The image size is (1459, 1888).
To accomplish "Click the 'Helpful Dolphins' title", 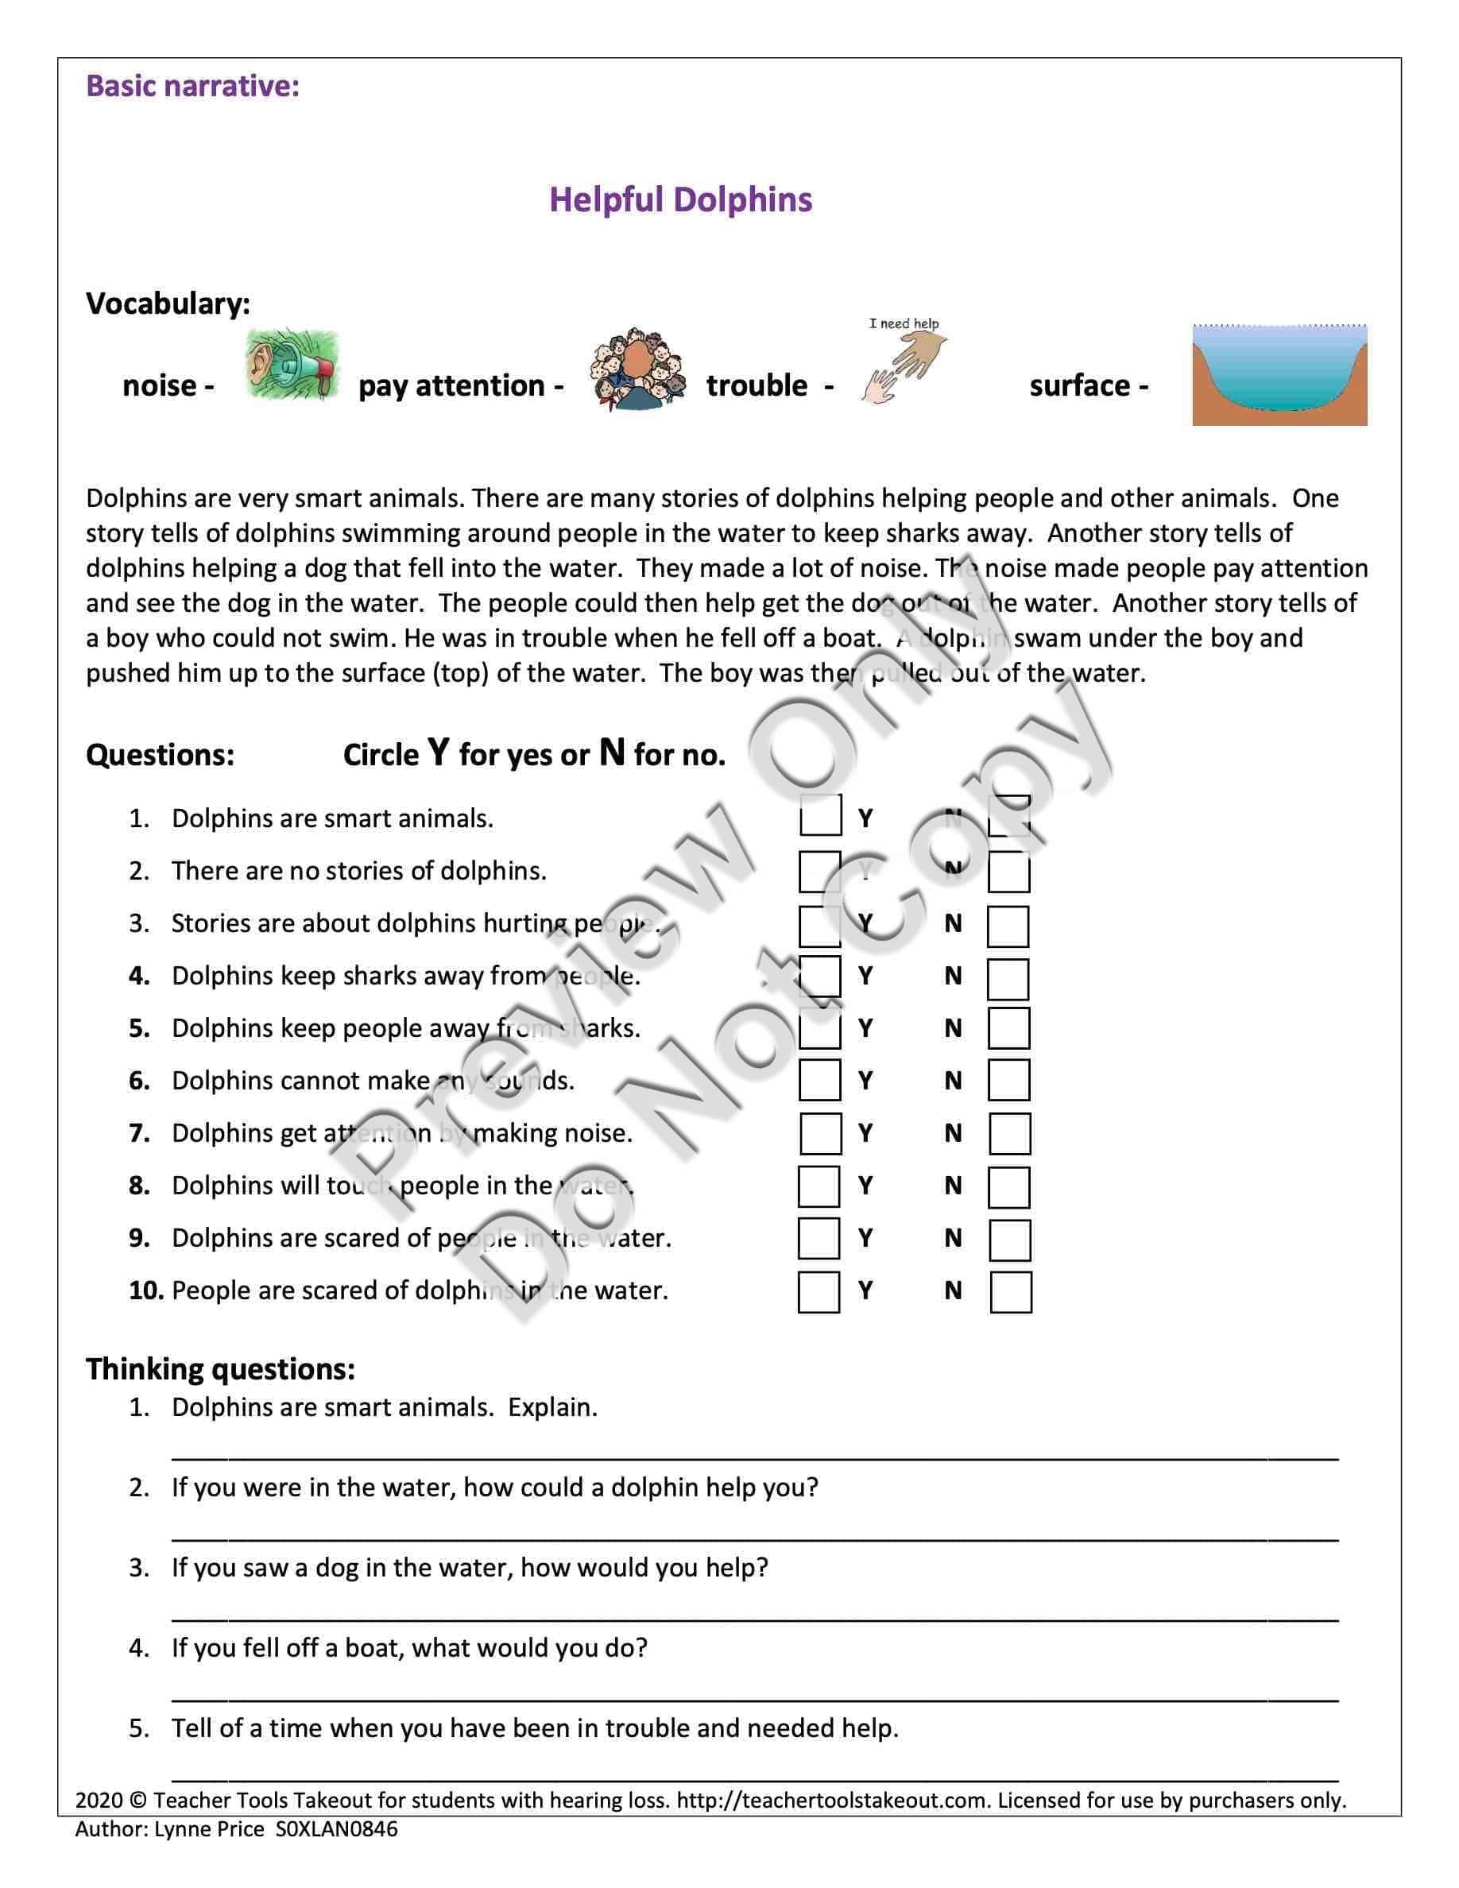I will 680,199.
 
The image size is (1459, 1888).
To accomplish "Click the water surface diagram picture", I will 1279,375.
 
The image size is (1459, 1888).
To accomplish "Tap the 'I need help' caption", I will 904,323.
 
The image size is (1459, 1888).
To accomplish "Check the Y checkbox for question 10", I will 819,1292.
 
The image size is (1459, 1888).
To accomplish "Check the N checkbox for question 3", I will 1008,927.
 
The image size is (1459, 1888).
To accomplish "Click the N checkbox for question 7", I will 1009,1134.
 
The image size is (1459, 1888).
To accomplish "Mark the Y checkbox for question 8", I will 819,1187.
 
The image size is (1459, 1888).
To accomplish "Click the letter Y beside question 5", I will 865,1029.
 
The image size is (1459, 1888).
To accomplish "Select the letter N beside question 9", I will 953,1239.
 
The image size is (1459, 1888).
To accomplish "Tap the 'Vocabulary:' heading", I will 168,304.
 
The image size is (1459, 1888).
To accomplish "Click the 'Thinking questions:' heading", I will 220,1369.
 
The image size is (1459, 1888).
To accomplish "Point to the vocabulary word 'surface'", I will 1078,385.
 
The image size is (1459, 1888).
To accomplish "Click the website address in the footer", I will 831,1801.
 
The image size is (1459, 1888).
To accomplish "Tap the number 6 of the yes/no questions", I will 138,1081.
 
